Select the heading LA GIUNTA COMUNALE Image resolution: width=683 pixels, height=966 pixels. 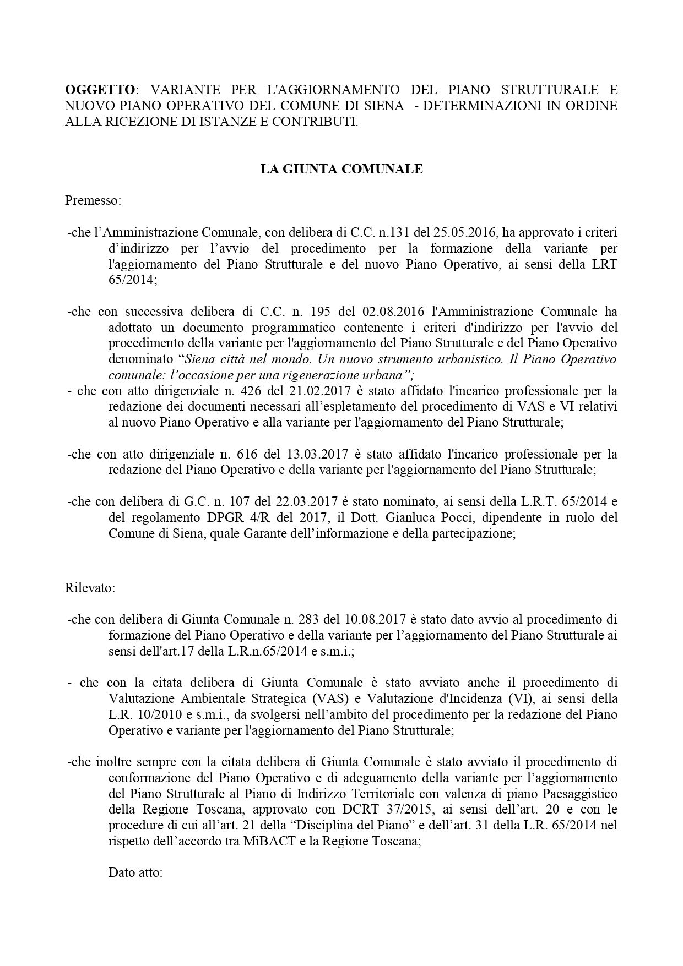coord(341,169)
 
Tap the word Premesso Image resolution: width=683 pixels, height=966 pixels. coord(93,200)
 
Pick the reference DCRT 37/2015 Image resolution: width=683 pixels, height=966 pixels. coord(337,810)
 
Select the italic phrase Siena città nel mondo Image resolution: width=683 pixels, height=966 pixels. coord(237,359)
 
